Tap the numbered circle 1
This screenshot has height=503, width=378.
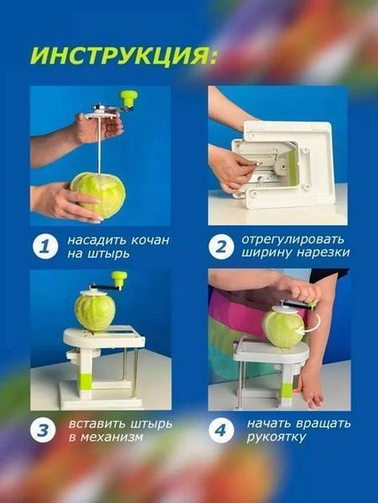45,247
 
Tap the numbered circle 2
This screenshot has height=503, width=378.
221,247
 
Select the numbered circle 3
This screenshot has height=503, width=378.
43,431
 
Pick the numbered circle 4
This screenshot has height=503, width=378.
221,431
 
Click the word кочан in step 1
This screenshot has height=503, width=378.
150,240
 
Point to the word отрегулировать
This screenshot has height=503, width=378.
292,240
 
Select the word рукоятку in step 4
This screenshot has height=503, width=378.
276,438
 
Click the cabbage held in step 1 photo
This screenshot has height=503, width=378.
98,194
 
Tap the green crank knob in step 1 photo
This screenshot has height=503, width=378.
129,98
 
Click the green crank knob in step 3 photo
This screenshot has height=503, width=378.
119,279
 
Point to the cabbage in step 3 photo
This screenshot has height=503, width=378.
94,312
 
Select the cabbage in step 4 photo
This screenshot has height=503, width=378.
283,329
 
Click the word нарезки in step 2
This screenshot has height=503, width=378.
322,252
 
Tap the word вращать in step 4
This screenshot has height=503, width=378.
322,424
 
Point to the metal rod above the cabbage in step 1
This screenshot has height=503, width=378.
100,146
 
